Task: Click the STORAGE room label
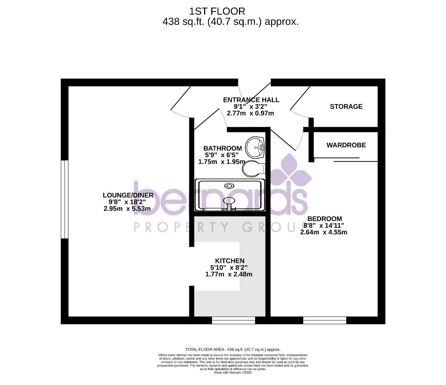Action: point(346,107)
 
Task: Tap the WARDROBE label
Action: point(346,145)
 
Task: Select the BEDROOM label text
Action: point(325,219)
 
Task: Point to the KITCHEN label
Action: point(230,261)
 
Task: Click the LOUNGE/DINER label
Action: point(128,195)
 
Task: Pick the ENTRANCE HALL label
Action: point(251,100)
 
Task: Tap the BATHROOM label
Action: point(223,148)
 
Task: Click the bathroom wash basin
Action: point(256,146)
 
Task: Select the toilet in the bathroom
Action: point(253,169)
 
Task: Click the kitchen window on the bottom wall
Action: point(234,320)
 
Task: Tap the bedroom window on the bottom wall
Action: point(325,320)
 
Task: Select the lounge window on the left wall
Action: point(64,199)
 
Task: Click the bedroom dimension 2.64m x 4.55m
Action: point(324,232)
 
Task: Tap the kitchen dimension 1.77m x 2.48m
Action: point(229,274)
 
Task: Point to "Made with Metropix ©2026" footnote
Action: point(233,373)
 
